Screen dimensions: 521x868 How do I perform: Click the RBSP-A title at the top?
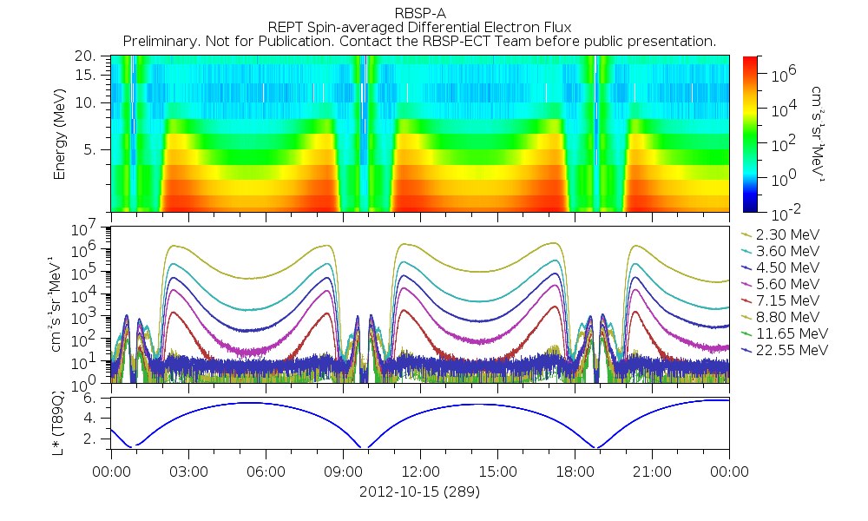[419, 12]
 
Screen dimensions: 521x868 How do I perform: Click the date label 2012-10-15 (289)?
[419, 491]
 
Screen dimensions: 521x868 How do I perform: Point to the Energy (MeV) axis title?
[61, 132]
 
